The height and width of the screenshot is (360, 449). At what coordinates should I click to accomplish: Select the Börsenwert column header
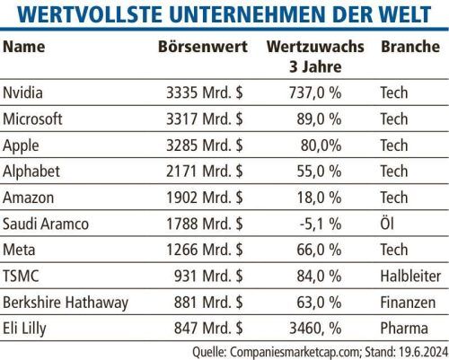point(203,47)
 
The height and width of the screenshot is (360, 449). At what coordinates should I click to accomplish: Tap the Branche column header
point(410,47)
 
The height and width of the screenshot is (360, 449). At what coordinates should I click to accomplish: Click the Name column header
point(24,47)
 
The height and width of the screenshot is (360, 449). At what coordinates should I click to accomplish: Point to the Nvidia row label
point(22,92)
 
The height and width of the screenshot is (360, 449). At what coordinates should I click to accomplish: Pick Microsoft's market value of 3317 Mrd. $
point(205,119)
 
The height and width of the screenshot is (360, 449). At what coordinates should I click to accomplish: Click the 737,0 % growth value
point(315,92)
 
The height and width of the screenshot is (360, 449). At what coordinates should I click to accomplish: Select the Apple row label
point(21,146)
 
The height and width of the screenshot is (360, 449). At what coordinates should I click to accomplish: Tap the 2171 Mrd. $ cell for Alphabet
point(205,171)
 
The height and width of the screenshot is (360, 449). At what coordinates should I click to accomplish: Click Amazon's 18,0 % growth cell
point(319,198)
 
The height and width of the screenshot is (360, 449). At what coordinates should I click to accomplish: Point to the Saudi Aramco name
point(46,224)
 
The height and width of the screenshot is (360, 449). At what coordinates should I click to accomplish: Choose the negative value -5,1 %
point(321,224)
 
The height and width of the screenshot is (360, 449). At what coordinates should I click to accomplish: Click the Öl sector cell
point(387,224)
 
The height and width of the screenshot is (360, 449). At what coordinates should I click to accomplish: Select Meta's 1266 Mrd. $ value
point(205,250)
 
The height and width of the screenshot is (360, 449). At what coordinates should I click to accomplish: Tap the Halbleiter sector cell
point(410,276)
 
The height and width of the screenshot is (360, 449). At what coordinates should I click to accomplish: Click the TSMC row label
point(21,276)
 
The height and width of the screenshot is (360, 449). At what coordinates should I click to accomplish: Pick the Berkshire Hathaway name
point(66,303)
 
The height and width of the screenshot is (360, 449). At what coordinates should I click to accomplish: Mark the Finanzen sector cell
point(408,303)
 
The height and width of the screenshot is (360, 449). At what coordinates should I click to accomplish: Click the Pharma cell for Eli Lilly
point(404,329)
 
